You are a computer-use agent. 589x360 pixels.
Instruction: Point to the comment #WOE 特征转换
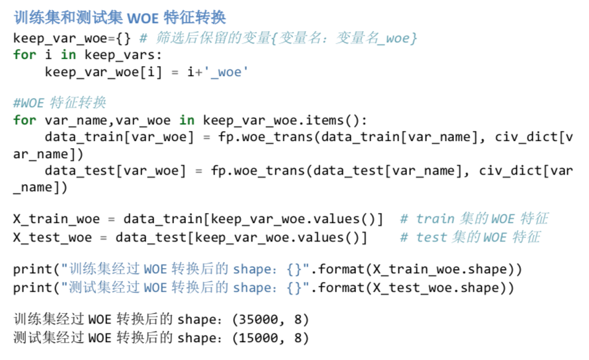60,103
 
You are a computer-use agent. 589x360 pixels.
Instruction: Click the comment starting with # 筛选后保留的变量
278,38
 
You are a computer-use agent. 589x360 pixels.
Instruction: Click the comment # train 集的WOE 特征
473,219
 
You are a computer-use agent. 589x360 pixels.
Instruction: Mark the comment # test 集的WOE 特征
470,236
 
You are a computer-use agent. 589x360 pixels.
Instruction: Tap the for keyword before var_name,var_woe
24,120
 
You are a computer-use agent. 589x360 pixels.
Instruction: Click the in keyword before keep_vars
68,54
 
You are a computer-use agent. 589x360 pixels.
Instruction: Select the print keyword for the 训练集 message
32,270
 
